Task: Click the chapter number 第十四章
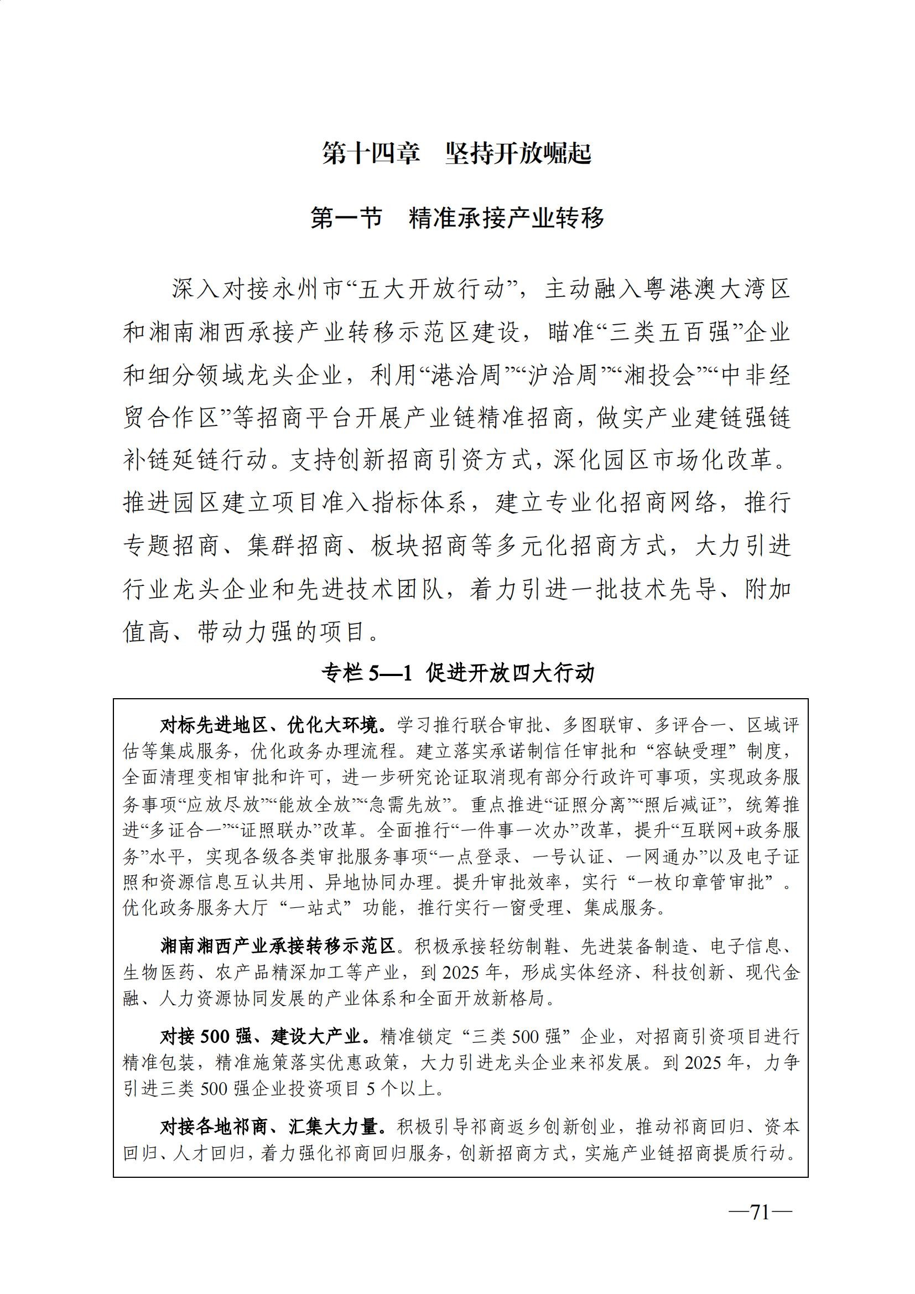pyautogui.click(x=371, y=154)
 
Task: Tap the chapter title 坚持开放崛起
pyautogui.click(x=518, y=154)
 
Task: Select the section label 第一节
pyautogui.click(x=346, y=218)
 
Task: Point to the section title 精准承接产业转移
pyautogui.click(x=507, y=218)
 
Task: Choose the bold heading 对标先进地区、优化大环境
pyautogui.click(x=274, y=725)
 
